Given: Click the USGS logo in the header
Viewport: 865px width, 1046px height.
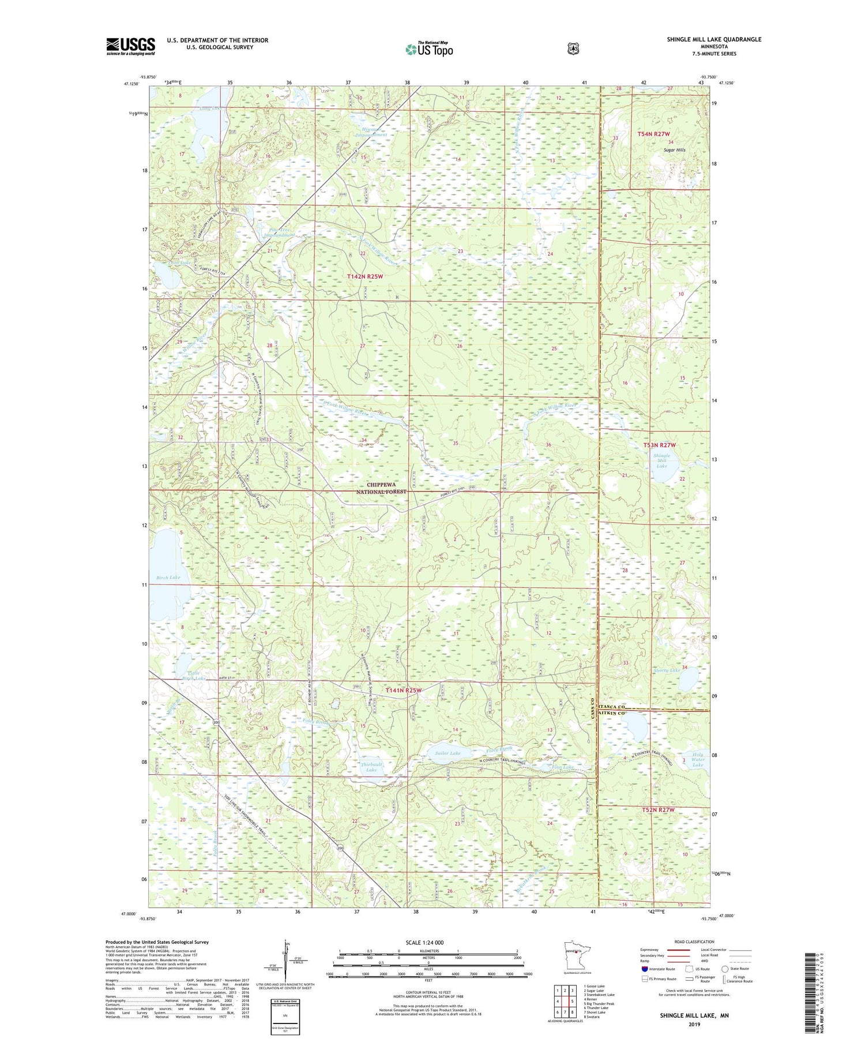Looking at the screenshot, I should (130, 46).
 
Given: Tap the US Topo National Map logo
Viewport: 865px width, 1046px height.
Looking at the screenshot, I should (429, 49).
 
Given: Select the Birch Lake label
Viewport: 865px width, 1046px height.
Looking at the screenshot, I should (168, 577).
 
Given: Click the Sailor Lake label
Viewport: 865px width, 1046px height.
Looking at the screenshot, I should (447, 753).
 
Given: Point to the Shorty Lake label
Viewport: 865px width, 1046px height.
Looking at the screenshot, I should (667, 670).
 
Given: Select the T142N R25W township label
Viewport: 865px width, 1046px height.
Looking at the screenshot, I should (364, 277).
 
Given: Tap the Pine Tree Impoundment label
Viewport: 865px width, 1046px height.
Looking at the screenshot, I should (279, 232).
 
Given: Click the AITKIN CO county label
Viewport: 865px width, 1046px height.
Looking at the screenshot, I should (612, 714).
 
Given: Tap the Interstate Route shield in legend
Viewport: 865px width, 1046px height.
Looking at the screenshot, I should (644, 969).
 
